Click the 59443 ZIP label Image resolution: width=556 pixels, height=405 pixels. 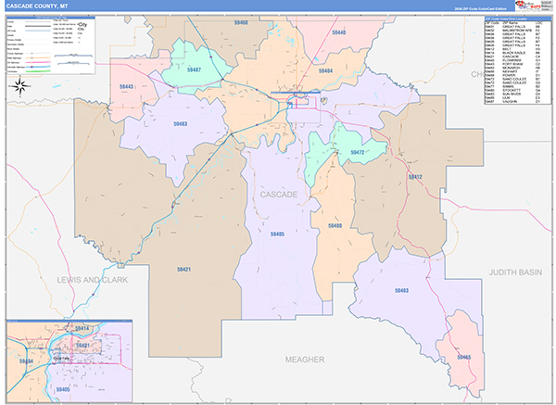pyautogui.click(x=128, y=86)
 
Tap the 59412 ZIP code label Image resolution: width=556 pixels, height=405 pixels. pyautogui.click(x=415, y=176)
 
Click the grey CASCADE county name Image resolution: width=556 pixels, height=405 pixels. pyautogui.click(x=278, y=195)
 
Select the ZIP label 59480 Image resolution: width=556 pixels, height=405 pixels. pyautogui.click(x=335, y=226)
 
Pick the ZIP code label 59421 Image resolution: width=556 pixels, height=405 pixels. pyautogui.click(x=183, y=269)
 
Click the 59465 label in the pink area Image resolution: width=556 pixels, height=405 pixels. pyautogui.click(x=465, y=356)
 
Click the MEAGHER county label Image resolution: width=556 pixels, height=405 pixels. pyautogui.click(x=302, y=359)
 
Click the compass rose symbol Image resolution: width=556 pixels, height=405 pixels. pyautogui.click(x=18, y=87)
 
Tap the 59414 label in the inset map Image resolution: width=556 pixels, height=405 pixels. pyautogui.click(x=82, y=329)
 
